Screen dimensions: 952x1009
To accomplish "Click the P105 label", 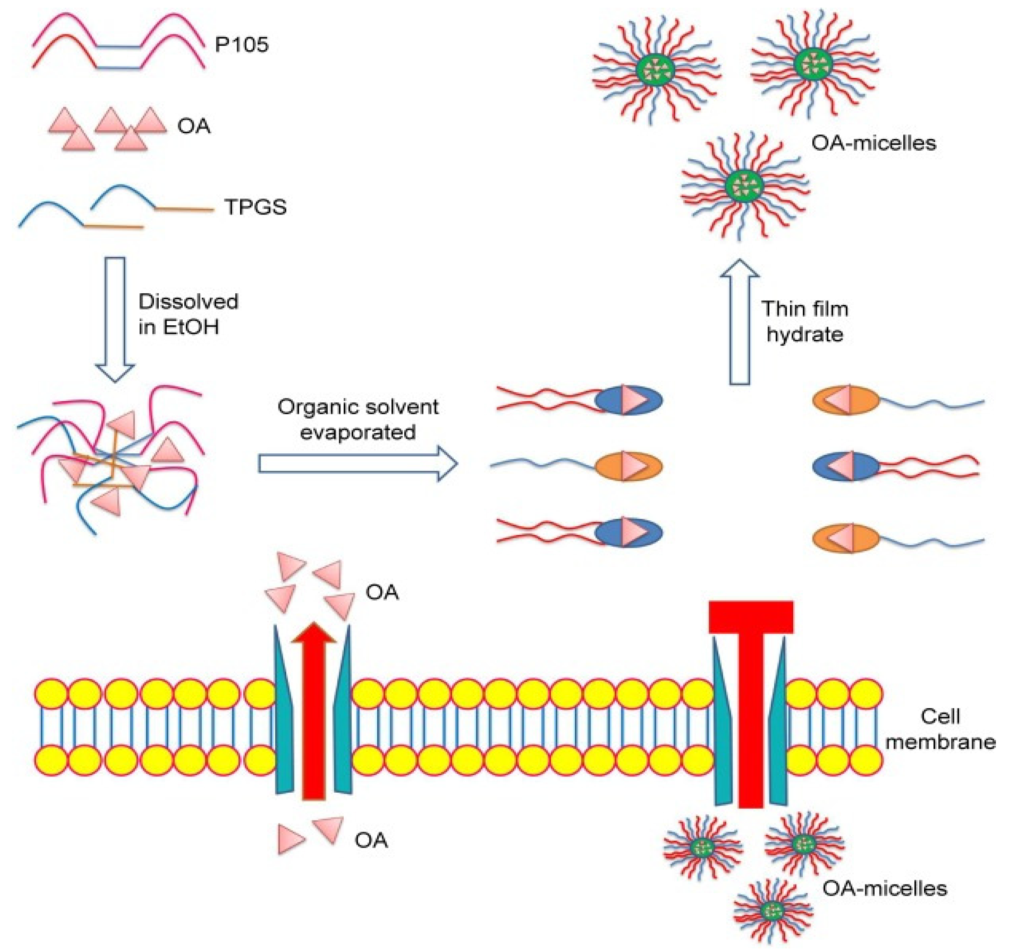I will pyautogui.click(x=241, y=45).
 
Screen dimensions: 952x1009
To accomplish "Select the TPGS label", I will pyautogui.click(x=255, y=207).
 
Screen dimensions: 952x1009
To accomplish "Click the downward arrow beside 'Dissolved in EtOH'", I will pyautogui.click(x=115, y=319).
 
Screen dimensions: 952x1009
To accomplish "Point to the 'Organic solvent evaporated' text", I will pyautogui.click(x=358, y=419).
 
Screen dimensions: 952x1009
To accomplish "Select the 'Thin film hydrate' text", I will pyautogui.click(x=805, y=321).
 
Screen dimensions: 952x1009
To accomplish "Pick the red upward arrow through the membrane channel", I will pyautogui.click(x=314, y=711).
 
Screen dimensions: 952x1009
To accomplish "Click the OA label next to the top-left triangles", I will pyautogui.click(x=194, y=126).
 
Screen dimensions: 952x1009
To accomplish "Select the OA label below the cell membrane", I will pyautogui.click(x=371, y=840).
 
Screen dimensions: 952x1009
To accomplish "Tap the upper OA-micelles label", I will pyautogui.click(x=873, y=143).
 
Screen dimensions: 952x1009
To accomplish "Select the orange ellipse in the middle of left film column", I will pyautogui.click(x=628, y=466).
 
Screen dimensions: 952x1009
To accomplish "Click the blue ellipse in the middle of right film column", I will pyautogui.click(x=846, y=466).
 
